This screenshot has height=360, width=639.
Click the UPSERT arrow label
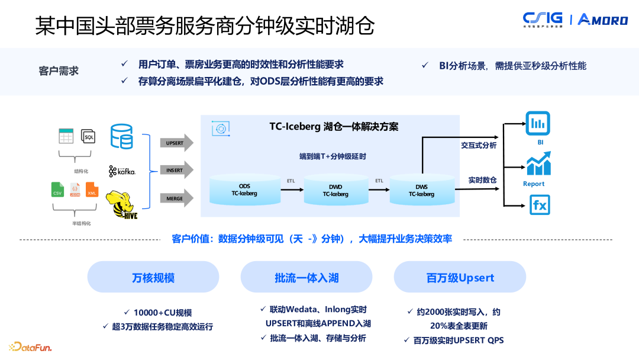click(x=175, y=143)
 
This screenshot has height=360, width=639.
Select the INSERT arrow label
click(x=175, y=171)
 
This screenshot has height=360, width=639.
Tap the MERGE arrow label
click(x=175, y=198)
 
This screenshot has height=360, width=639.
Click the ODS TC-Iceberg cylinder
click(x=244, y=189)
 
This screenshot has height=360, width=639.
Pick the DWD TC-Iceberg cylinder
click(x=335, y=189)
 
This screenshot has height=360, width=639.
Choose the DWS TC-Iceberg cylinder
click(x=421, y=189)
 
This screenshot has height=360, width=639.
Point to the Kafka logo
click(x=122, y=171)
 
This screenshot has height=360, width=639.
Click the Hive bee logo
click(x=122, y=205)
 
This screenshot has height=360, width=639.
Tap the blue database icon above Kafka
click(x=121, y=136)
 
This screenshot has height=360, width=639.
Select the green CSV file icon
click(x=58, y=190)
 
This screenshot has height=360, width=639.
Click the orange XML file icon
click(x=92, y=190)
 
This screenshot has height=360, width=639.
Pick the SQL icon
click(x=88, y=137)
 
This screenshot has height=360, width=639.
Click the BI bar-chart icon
click(x=538, y=124)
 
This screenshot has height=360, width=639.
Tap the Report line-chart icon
click(x=538, y=164)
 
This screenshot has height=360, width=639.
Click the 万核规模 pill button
click(x=153, y=277)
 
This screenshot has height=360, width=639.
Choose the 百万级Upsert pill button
click(x=460, y=277)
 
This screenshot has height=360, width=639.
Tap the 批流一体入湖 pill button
click(x=306, y=277)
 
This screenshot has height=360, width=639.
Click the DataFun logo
click(x=30, y=346)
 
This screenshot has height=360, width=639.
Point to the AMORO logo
click(x=602, y=20)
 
